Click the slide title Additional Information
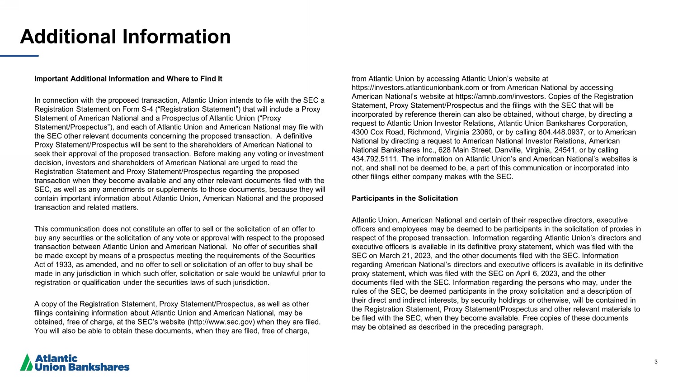point(125,37)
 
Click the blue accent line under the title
point(19,56)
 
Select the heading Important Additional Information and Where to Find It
point(128,79)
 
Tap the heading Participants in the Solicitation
point(405,198)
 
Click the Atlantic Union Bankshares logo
point(75,363)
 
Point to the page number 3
point(656,362)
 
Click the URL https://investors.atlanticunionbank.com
point(415,87)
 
